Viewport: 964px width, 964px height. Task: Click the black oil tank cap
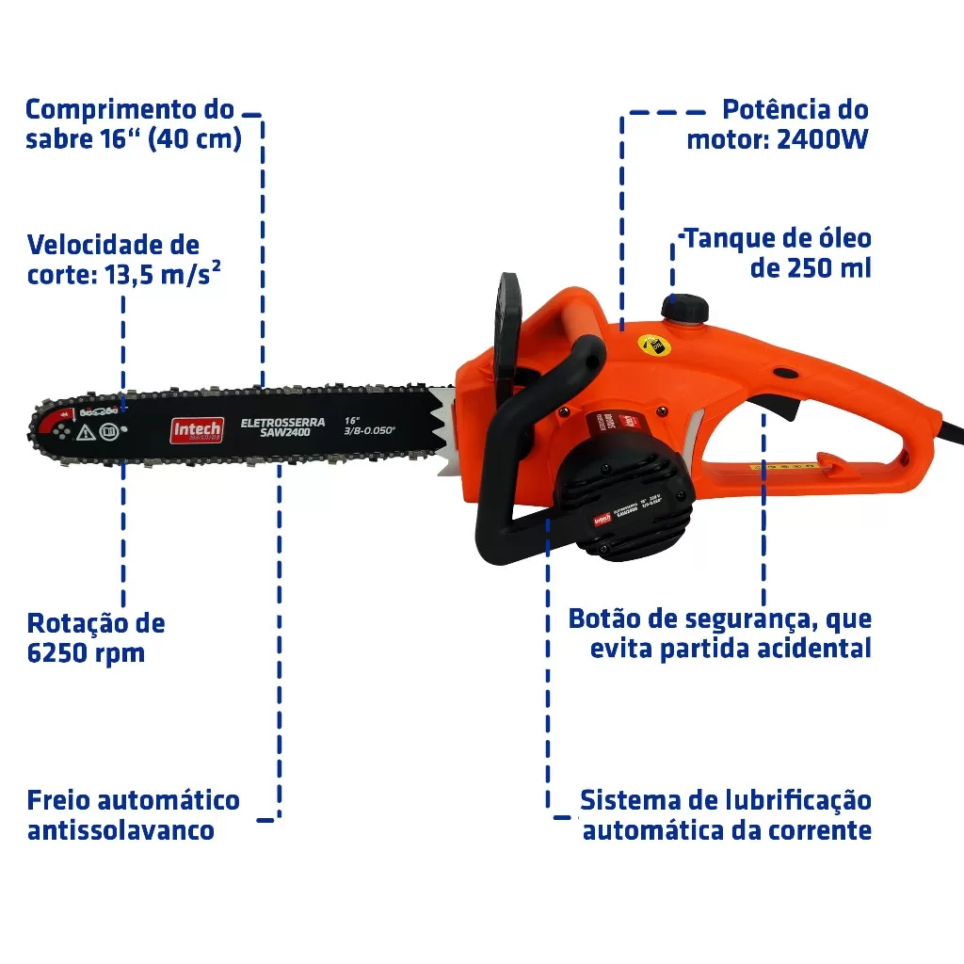pos(684,308)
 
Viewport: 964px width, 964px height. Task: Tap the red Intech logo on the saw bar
pos(196,430)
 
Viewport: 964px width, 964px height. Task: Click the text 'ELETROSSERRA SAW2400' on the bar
pos(282,427)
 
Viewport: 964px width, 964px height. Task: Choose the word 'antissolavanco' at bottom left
pos(120,830)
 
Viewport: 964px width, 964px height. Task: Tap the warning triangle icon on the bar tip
pos(85,432)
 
